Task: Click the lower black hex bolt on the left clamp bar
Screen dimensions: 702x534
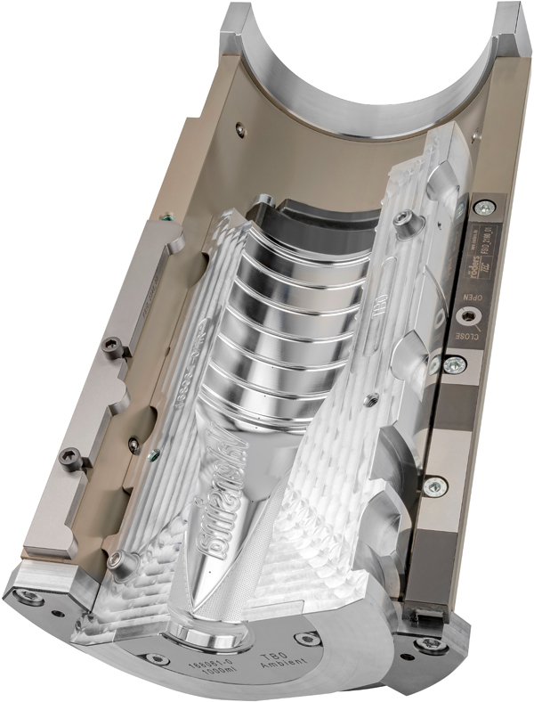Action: coord(66,456)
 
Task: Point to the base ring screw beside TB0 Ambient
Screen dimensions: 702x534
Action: coord(307,638)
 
